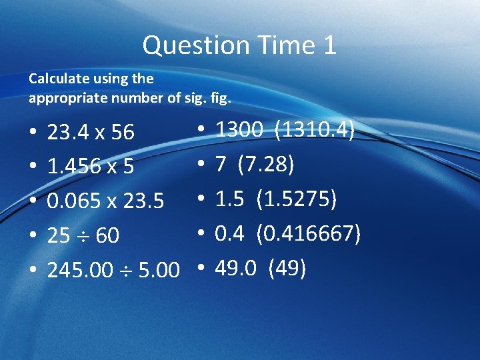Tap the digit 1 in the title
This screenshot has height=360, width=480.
[x=329, y=45]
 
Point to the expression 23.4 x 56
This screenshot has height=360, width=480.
[x=91, y=132]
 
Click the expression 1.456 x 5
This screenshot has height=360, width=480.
[x=91, y=166]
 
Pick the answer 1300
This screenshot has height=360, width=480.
[x=239, y=129]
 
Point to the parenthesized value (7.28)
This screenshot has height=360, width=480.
[x=269, y=164]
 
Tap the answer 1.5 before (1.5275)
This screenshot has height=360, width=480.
[x=229, y=199]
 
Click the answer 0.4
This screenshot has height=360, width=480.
[x=229, y=233]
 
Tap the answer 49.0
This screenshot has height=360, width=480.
[x=235, y=268]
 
